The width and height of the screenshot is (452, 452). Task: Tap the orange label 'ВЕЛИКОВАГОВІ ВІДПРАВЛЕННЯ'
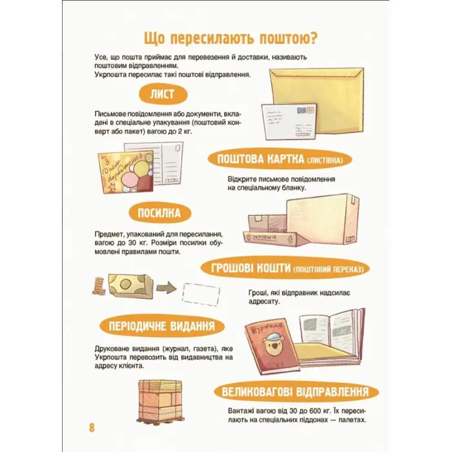(294, 392)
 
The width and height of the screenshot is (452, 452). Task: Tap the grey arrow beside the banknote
(165, 287)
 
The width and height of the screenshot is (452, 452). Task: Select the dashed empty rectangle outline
(201, 293)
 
